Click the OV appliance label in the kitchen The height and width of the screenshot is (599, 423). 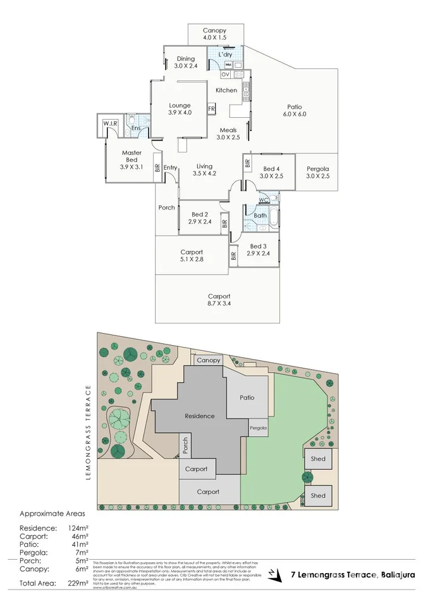point(225,74)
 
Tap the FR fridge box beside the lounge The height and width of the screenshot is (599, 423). point(212,109)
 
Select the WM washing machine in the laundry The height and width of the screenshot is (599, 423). point(228,65)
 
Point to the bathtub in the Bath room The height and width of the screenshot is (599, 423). point(274,217)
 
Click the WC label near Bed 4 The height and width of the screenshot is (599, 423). point(263,200)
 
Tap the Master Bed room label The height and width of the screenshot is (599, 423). point(132,156)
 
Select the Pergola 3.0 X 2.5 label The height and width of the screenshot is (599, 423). point(317,172)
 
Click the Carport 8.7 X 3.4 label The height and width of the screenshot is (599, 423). point(219,300)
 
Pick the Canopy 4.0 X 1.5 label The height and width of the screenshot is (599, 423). point(214,34)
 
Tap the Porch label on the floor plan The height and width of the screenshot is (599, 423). point(166,208)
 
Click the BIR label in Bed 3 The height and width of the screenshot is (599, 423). point(233,256)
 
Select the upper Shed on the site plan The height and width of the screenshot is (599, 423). point(318,459)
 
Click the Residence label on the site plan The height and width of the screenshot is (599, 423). point(200,416)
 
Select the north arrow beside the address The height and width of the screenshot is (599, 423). point(273,575)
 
